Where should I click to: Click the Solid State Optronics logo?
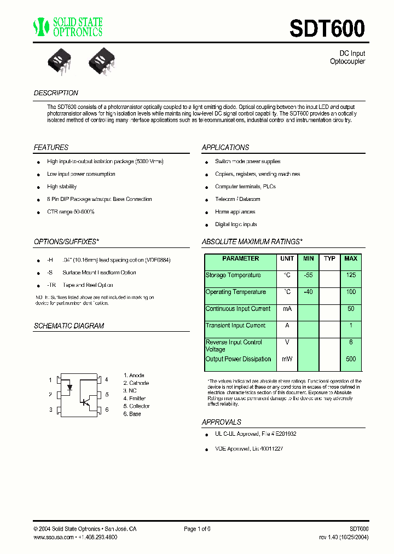coord(68,27)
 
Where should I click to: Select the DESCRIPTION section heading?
coord(56,93)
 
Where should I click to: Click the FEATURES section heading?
coord(51,148)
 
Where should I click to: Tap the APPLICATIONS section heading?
coord(225,148)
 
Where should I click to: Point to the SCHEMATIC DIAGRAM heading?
coord(69,326)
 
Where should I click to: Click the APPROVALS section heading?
coord(222,422)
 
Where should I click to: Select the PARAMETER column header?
coord(241,258)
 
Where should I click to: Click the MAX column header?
coord(351,258)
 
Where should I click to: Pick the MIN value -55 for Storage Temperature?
coord(309,275)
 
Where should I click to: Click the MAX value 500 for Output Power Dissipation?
coord(351,359)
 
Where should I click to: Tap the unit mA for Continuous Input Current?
coord(287,309)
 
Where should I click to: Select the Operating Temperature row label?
coord(235,292)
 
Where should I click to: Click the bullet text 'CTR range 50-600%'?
coord(71,212)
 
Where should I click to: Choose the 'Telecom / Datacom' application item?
coord(237,199)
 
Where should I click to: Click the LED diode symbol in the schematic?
coord(69,387)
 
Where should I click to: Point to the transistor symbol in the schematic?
coord(85,401)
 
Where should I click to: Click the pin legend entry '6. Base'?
coord(132,414)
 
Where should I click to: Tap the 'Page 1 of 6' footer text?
coord(197,529)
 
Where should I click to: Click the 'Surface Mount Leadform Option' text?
coord(99,273)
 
